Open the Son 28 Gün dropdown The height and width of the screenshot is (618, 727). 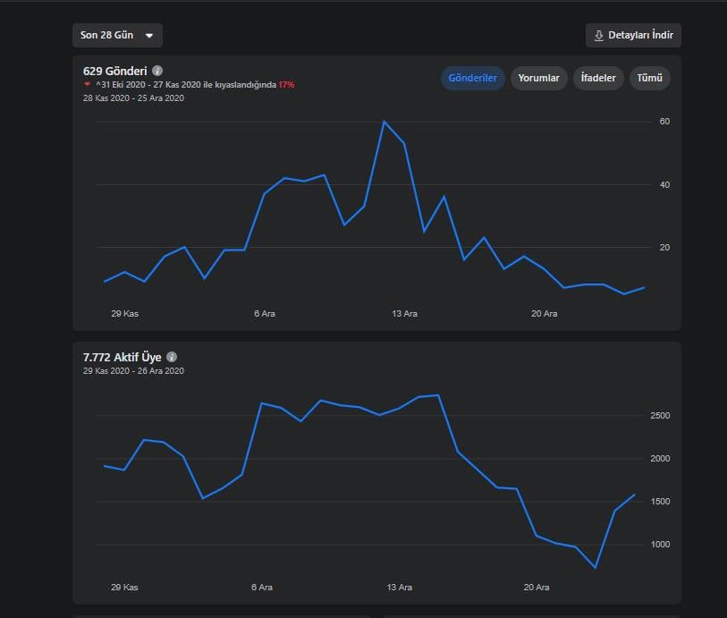point(117,35)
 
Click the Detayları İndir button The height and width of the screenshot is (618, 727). point(633,35)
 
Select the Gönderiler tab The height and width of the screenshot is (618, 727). point(472,78)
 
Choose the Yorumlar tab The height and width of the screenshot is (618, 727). point(538,78)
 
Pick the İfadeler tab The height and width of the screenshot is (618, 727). point(598,78)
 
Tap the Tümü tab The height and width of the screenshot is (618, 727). point(649,78)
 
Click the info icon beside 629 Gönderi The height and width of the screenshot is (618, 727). point(157,71)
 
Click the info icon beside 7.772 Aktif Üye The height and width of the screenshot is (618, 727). point(172,357)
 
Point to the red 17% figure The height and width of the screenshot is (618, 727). point(286,85)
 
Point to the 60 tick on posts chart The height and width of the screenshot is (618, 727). point(664,122)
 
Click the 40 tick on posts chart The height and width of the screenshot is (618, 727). point(664,185)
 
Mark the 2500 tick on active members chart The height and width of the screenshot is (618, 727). point(660,415)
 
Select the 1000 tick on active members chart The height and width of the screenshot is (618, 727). point(660,545)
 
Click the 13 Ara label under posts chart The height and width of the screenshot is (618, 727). point(404,314)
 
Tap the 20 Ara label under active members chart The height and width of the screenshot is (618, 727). point(537,588)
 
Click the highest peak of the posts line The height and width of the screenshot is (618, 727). point(384,122)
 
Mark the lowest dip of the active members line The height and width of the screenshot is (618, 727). point(596,568)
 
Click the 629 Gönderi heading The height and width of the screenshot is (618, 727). point(115,71)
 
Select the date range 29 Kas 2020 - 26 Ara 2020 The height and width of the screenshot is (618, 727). point(133,371)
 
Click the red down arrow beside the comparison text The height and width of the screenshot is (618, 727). point(87,84)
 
